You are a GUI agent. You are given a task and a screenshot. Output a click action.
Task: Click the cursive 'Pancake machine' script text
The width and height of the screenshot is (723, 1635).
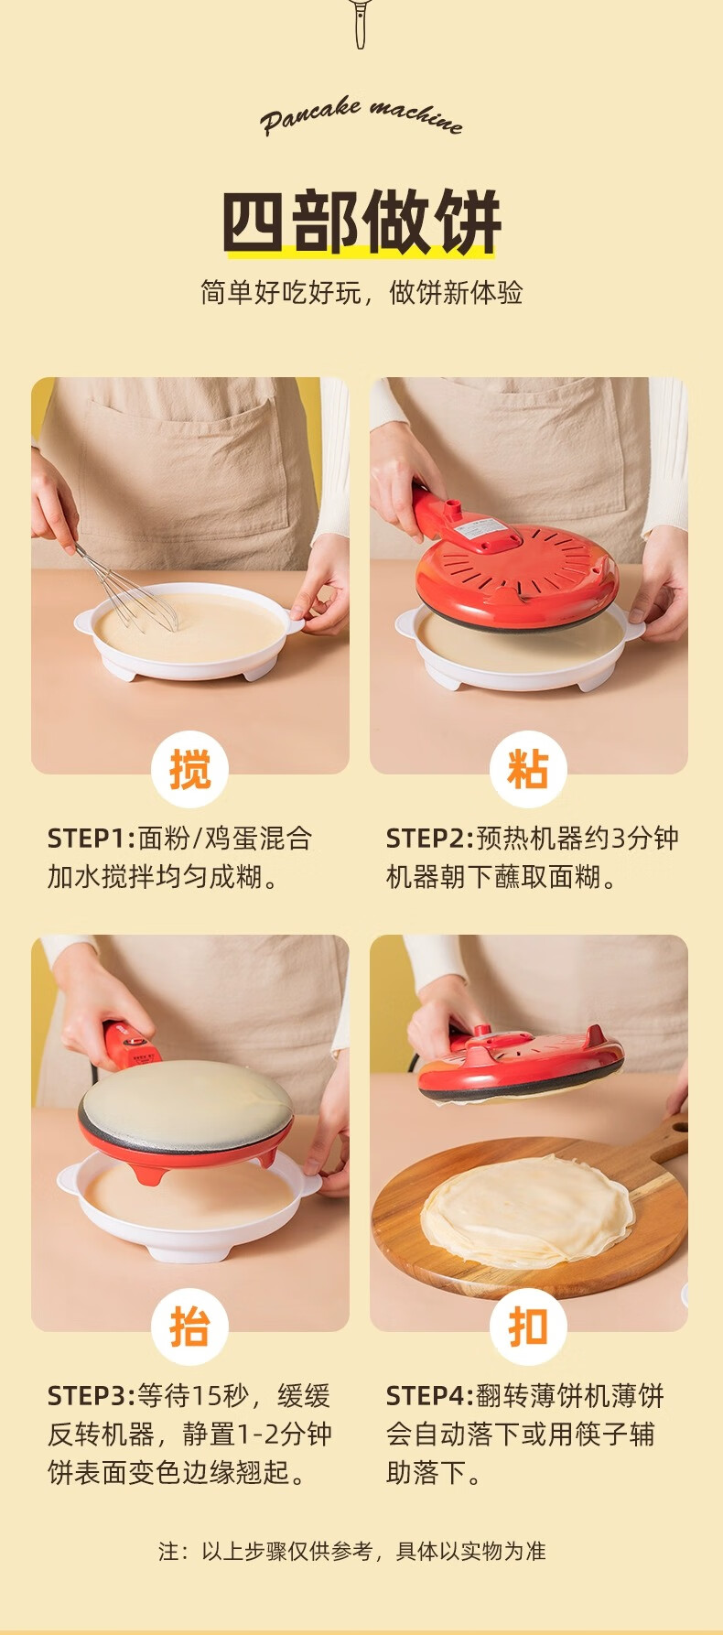click(x=361, y=117)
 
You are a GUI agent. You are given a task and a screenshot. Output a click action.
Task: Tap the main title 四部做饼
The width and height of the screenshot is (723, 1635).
click(x=361, y=222)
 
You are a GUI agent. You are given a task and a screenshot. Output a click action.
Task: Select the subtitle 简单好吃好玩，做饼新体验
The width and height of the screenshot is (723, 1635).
click(x=361, y=292)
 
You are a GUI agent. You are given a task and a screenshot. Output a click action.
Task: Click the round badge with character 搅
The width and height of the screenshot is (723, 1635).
click(x=189, y=769)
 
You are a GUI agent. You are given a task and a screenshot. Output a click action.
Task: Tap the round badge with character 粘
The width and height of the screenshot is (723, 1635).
click(x=528, y=769)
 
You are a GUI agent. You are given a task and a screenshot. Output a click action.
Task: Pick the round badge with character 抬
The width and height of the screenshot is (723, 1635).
click(x=189, y=1326)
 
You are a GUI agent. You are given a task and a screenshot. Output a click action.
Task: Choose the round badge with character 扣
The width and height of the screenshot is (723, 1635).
click(x=528, y=1326)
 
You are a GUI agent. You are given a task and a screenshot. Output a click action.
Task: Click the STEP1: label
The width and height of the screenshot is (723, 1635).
click(x=92, y=838)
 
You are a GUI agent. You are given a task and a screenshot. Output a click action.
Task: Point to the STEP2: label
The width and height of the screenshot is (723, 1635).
click(x=430, y=838)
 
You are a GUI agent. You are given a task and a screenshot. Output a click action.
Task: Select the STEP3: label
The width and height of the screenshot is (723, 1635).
click(x=92, y=1396)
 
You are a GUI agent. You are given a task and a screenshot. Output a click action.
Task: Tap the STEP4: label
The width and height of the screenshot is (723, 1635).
click(x=430, y=1396)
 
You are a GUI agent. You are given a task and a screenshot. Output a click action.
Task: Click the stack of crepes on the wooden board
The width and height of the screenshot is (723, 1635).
click(x=528, y=1212)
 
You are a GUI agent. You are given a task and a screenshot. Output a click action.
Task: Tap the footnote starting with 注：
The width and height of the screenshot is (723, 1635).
click(x=352, y=1551)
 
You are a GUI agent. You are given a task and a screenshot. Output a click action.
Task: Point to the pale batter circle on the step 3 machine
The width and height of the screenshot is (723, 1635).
click(x=187, y=1102)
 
